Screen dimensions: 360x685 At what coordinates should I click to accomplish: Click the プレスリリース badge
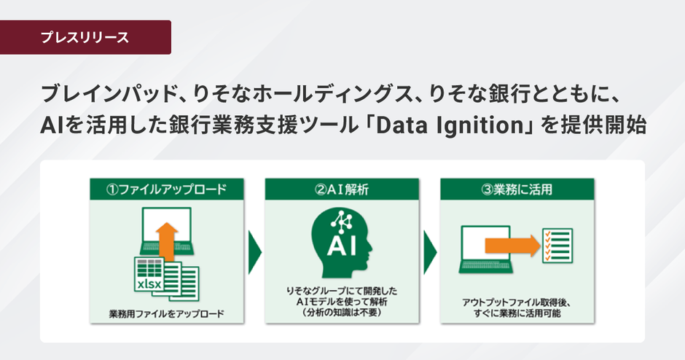(85, 37)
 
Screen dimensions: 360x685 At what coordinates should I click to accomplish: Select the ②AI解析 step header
(342, 191)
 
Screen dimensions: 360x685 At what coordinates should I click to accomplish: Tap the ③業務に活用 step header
(518, 191)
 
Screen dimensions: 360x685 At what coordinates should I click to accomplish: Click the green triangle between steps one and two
(254, 251)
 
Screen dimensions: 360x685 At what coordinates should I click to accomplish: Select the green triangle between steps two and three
(429, 251)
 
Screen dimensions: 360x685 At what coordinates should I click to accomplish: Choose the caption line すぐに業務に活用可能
(517, 313)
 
